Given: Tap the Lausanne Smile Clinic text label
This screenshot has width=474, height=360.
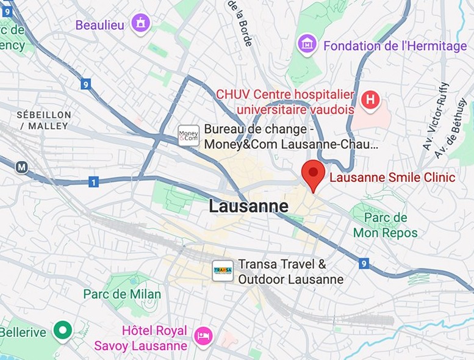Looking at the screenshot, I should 392,178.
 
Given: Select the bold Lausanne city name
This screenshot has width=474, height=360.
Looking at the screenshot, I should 248,206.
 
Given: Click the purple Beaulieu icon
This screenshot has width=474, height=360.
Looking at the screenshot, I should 142,24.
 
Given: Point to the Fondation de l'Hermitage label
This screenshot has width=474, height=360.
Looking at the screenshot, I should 395,46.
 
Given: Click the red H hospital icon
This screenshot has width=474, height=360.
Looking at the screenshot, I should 370,101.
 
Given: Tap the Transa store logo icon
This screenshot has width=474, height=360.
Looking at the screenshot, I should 223,271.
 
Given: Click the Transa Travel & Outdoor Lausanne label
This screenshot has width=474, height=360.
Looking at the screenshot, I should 290,272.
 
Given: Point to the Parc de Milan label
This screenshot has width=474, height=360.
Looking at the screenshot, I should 122,294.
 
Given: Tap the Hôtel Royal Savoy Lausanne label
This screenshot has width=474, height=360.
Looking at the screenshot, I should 142,339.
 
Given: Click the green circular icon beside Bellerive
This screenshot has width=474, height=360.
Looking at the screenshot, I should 62,331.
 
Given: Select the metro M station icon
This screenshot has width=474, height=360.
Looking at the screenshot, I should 22,167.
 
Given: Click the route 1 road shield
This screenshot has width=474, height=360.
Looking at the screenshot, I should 93,182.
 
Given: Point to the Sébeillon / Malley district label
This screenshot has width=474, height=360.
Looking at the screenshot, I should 44,120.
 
